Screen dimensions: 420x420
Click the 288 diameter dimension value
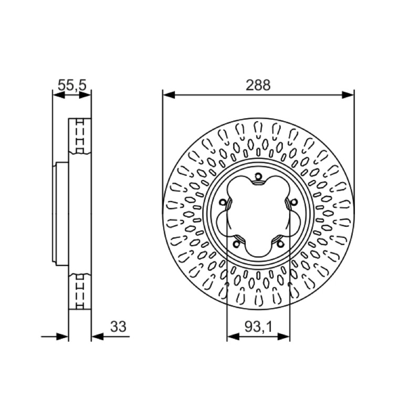[x=258, y=85]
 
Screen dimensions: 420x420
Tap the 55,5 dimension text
[x=72, y=85]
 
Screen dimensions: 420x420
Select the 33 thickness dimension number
[x=118, y=327]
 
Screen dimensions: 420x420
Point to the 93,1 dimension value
[x=258, y=327]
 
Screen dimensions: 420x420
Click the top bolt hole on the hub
[x=258, y=176]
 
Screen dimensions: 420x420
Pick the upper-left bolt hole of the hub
[x=222, y=203]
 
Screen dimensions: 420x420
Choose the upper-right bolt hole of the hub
[x=294, y=202]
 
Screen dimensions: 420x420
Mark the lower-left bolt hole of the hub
[x=236, y=244]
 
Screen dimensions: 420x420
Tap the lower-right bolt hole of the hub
[x=280, y=244]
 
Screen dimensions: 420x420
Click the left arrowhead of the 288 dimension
[x=169, y=94]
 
